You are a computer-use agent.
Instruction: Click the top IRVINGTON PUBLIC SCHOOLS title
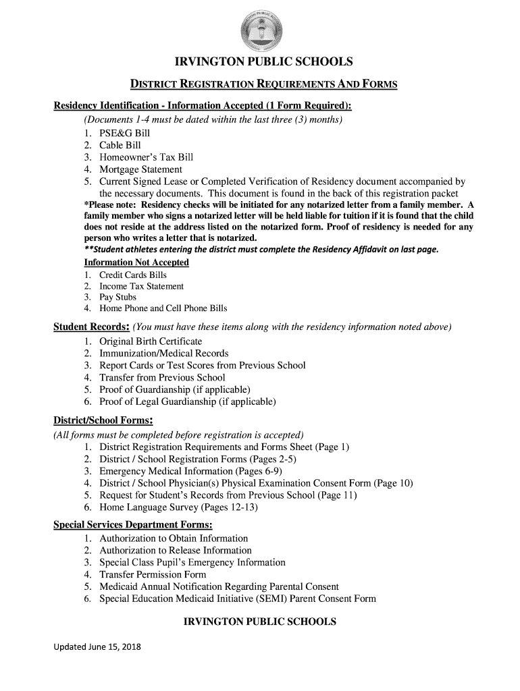(x=263, y=63)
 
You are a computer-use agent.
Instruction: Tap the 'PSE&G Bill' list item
(x=124, y=133)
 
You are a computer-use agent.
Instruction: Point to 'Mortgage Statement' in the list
(x=140, y=169)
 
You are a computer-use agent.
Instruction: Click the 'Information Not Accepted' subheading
(x=136, y=262)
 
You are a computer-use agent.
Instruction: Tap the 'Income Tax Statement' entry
(x=141, y=286)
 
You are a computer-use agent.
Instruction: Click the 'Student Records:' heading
(x=92, y=328)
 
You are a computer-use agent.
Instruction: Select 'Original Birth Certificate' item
(x=151, y=341)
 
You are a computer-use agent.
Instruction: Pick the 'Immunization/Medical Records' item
(x=163, y=354)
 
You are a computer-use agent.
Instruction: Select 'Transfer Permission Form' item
(x=153, y=575)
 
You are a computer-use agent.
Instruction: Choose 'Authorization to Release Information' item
(x=176, y=551)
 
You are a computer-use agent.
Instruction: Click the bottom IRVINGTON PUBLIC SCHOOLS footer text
(x=260, y=621)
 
